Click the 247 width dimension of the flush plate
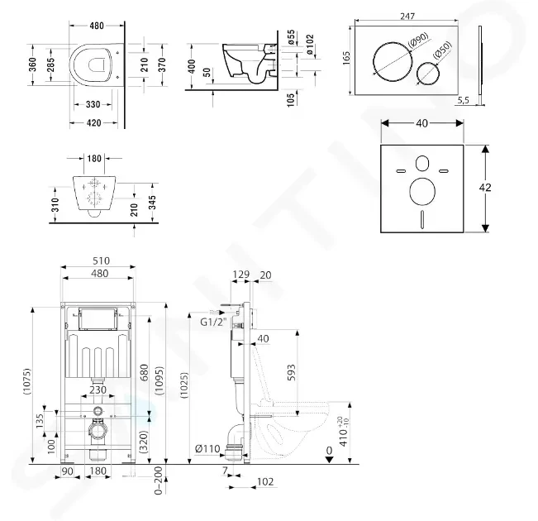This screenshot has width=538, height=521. click(x=407, y=17)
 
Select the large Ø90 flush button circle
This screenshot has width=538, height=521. click(x=374, y=62)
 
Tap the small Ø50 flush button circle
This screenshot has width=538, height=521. click(x=417, y=74)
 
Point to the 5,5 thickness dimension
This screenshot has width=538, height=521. click(x=463, y=100)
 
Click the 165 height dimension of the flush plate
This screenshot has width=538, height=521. click(x=346, y=57)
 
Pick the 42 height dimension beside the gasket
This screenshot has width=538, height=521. click(x=485, y=188)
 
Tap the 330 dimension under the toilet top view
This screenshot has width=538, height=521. click(x=93, y=104)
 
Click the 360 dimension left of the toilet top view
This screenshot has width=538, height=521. click(x=32, y=65)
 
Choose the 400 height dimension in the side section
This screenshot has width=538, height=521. click(x=192, y=66)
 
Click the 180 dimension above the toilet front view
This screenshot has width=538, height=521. click(x=94, y=158)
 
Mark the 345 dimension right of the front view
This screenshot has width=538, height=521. click(x=152, y=203)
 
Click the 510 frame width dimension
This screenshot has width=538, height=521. click(x=101, y=260)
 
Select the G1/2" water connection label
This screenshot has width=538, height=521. click(x=214, y=323)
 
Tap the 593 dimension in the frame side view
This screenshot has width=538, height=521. click(x=290, y=373)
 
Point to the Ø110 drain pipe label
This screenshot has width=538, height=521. click(x=207, y=448)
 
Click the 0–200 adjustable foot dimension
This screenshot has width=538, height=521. click(x=158, y=480)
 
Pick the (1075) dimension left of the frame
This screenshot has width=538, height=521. click(x=27, y=381)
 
